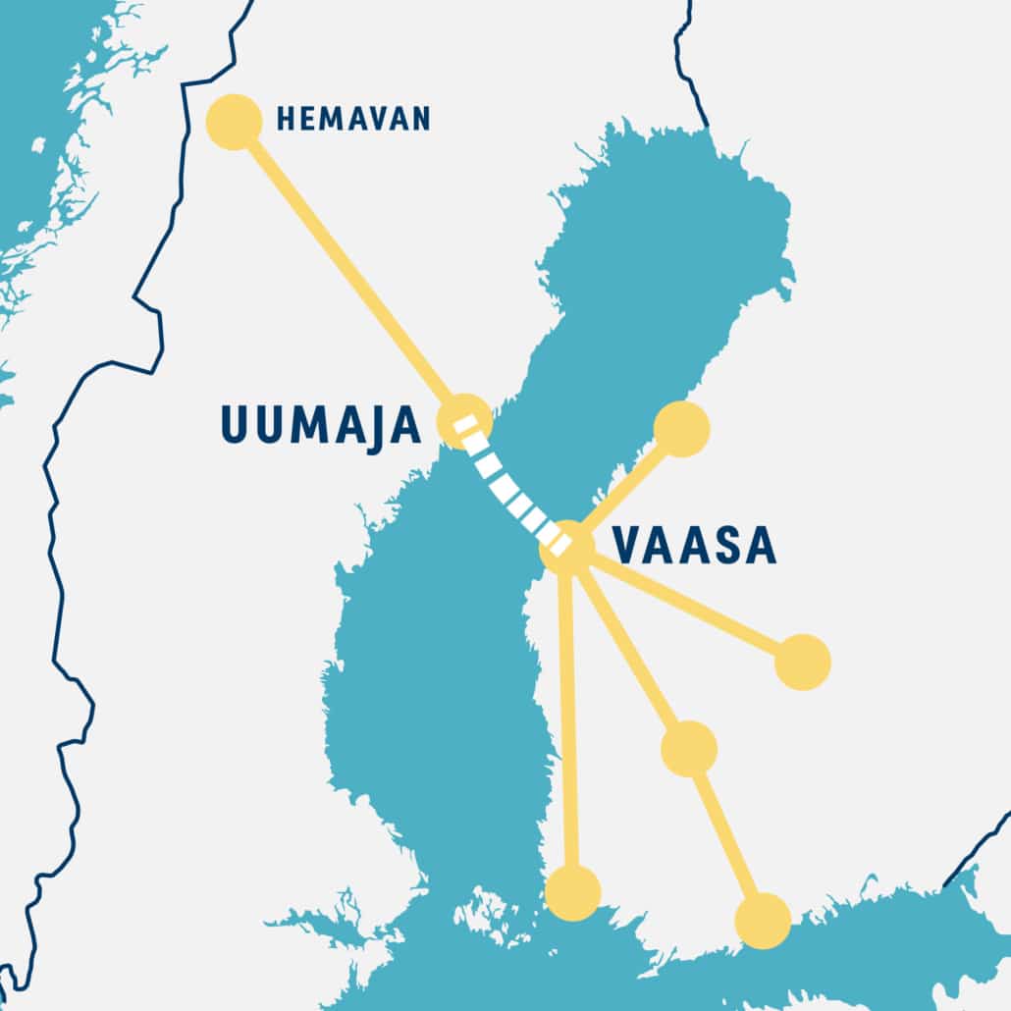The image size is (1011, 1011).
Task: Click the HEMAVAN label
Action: click(x=353, y=120)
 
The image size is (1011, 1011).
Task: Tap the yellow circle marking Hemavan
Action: click(x=234, y=123)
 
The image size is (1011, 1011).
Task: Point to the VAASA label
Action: click(x=693, y=547)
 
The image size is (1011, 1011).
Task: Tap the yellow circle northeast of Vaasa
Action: click(x=681, y=429)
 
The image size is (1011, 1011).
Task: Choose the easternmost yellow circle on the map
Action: click(x=803, y=662)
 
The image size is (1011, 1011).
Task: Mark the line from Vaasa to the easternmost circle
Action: click(x=687, y=605)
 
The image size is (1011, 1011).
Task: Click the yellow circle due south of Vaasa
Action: click(x=572, y=893)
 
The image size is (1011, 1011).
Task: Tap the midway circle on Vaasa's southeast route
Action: click(x=689, y=748)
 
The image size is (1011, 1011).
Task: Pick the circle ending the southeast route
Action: click(x=763, y=921)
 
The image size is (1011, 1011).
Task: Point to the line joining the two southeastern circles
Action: click(x=726, y=835)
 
